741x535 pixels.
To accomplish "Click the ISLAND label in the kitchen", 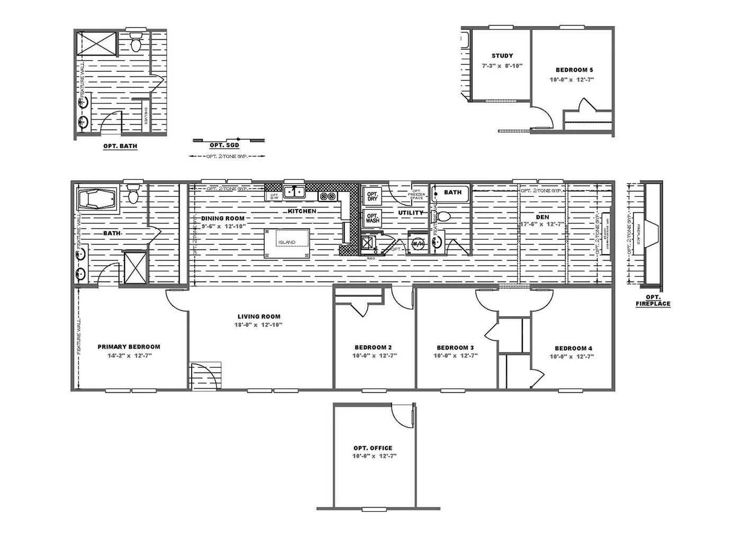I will coord(287,242).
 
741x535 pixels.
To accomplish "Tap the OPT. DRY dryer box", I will coord(372,195).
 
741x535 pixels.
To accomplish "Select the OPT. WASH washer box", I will coord(372,217).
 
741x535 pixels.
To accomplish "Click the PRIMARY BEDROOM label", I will coord(129,347).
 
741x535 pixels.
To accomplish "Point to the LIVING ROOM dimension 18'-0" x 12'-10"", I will coord(259,325).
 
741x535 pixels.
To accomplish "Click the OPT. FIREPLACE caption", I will coord(653,301).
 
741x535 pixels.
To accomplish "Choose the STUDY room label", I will coord(502,56).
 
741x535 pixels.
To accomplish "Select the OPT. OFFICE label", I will coord(374,448).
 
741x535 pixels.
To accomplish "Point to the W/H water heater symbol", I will coord(417,243).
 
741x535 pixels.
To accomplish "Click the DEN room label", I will coord(543,217).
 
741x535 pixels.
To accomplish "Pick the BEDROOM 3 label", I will coord(455,348).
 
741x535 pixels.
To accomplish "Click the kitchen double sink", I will coord(294,192).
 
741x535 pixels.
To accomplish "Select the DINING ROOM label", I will coord(222,218).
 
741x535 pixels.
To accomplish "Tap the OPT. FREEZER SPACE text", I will coord(417,194).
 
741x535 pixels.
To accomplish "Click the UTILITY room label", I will coord(411,213).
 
